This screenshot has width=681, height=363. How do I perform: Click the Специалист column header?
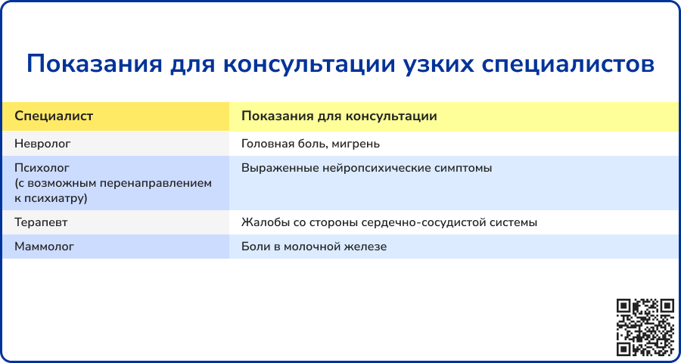point(54,116)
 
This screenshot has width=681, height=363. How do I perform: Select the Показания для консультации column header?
point(338,116)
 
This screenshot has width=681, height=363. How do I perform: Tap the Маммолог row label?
point(45,247)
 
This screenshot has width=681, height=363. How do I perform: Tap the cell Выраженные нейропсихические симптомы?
point(366,168)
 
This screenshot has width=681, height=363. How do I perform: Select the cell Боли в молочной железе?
point(314,247)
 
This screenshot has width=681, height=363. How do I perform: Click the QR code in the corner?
point(645,327)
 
